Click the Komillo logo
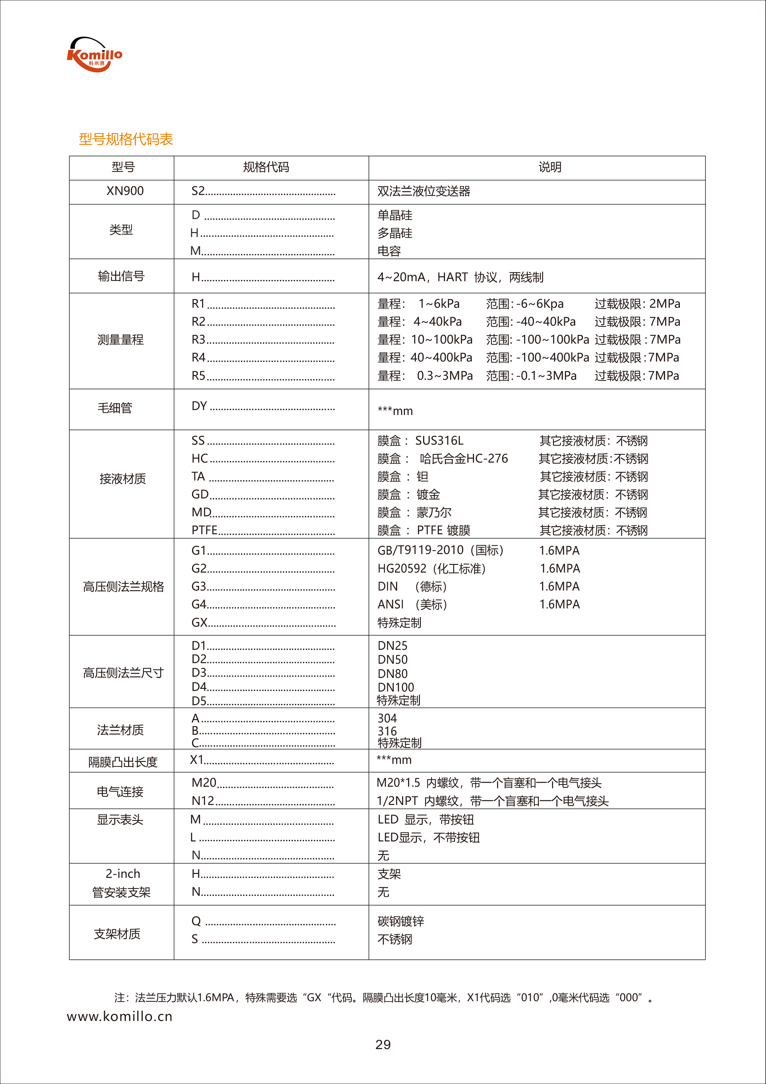point(94,55)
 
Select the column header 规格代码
point(266,167)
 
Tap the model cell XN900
point(125,191)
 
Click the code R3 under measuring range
point(199,340)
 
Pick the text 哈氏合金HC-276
point(464,459)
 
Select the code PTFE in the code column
point(204,530)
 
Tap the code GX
point(199,622)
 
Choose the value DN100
point(396,688)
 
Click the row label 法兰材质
point(120,730)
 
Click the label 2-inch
point(123,874)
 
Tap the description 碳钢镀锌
point(400,921)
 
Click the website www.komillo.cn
point(120,1016)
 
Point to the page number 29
point(383,1045)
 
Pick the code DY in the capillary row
point(199,406)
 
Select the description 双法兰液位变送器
point(424,191)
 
